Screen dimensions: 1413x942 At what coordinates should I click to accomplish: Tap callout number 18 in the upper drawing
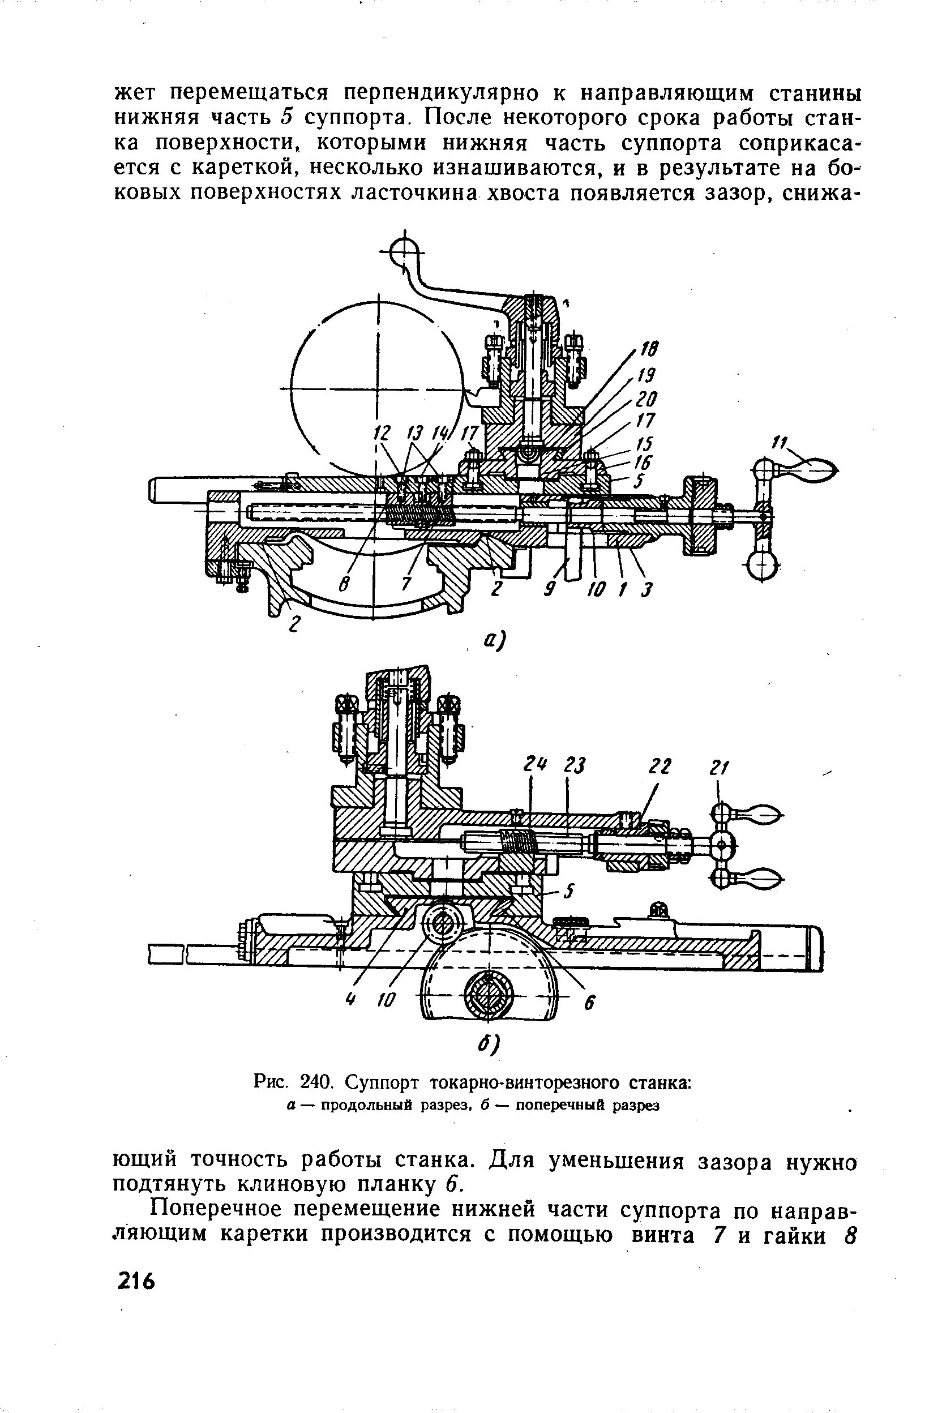click(x=650, y=349)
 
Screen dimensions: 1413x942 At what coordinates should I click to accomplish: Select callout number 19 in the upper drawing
click(x=646, y=375)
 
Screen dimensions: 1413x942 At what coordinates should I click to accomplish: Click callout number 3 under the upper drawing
click(x=646, y=590)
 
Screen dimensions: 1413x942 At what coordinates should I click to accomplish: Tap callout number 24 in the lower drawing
click(x=530, y=766)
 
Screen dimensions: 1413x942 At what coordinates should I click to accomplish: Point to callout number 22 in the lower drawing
click(x=658, y=767)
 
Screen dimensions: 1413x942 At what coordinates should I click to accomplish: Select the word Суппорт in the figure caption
click(x=383, y=1082)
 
